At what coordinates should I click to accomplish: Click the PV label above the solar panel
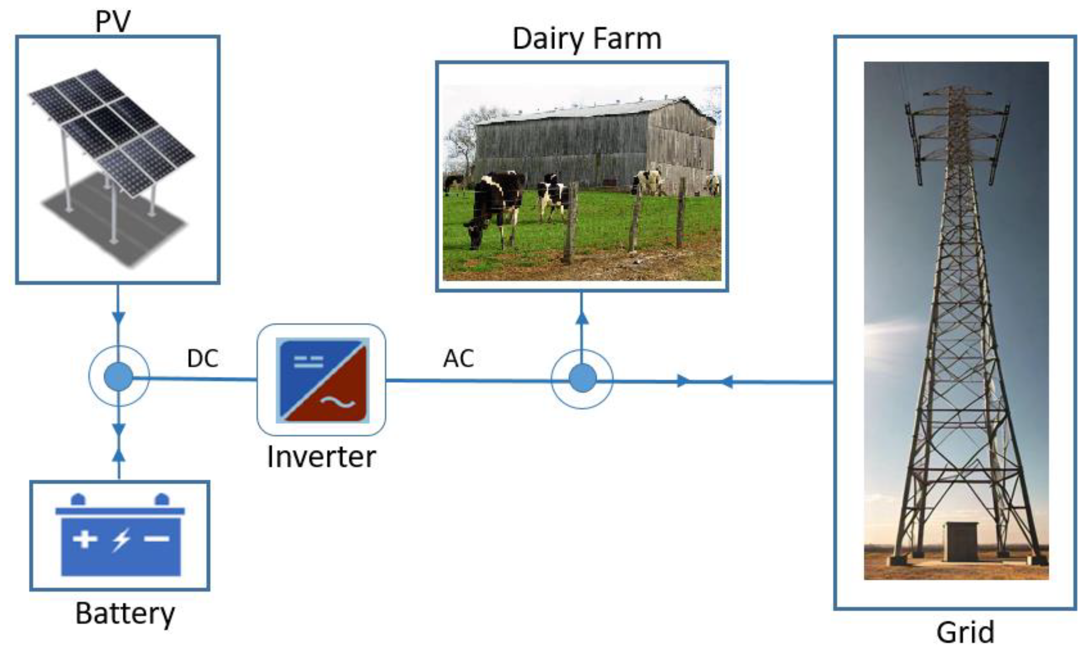(x=113, y=21)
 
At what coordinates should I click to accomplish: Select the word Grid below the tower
(x=965, y=633)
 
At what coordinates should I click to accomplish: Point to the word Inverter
(x=321, y=457)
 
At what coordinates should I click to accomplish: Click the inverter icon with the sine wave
(x=322, y=381)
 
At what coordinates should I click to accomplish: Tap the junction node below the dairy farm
(x=582, y=379)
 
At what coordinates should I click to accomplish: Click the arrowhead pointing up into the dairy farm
(x=582, y=318)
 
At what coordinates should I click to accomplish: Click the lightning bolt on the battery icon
(x=121, y=539)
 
